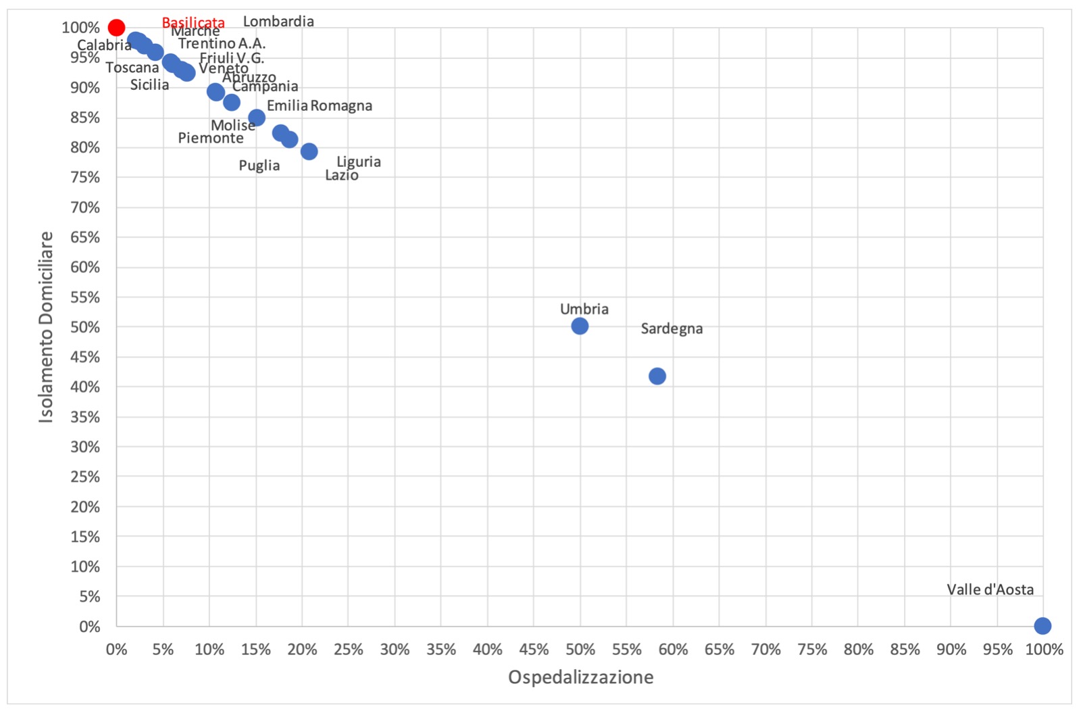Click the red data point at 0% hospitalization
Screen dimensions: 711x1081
(x=116, y=28)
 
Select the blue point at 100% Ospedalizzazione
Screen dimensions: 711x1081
(x=1042, y=626)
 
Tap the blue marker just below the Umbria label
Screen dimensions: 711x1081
(x=580, y=326)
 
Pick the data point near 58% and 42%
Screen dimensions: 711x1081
(x=657, y=376)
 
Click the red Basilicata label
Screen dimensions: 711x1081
(x=193, y=22)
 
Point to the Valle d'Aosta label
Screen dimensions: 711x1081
(x=990, y=589)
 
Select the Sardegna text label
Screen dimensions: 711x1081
(x=672, y=328)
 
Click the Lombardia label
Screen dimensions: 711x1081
(x=278, y=22)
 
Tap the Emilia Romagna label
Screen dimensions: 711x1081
(x=320, y=105)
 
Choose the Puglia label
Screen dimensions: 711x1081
(x=259, y=166)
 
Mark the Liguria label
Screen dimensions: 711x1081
(x=359, y=162)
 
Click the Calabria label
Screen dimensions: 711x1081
(x=104, y=45)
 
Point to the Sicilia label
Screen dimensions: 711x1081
(x=149, y=84)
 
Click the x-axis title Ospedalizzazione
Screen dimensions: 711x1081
(x=580, y=677)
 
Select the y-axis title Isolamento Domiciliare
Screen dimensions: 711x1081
(x=46, y=327)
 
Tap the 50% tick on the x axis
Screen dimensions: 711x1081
(x=580, y=649)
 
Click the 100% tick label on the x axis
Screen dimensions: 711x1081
(x=1044, y=649)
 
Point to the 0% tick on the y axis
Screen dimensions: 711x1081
(x=89, y=627)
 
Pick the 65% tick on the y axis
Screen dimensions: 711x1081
(x=85, y=237)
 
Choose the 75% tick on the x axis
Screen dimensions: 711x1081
(x=812, y=649)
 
